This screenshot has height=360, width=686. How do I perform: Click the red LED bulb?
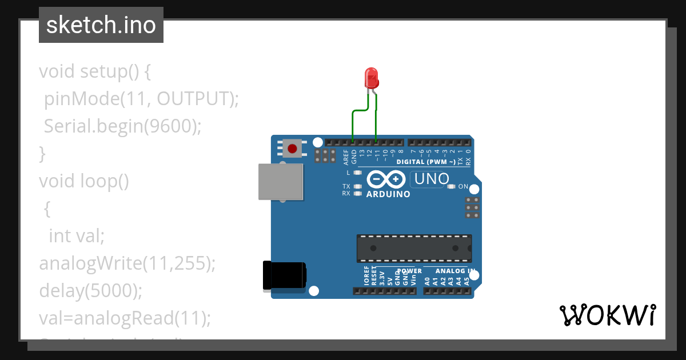(372, 77)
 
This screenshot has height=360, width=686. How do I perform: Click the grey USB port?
(281, 182)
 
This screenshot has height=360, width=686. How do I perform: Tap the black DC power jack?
(284, 275)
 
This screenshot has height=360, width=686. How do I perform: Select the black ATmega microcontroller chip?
(414, 248)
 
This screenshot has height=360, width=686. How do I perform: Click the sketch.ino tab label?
(101, 25)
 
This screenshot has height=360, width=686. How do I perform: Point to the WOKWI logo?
(607, 315)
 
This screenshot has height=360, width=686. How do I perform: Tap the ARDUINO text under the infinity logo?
(388, 194)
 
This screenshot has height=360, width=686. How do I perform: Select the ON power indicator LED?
(451, 186)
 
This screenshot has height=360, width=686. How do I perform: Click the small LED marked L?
(358, 172)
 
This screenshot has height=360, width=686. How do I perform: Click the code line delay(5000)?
(90, 290)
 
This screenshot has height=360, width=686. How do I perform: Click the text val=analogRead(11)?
(125, 318)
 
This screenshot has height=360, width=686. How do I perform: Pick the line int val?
(77, 235)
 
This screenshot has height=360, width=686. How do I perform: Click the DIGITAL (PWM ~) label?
(426, 162)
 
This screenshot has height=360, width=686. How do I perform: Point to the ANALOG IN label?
(455, 271)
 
